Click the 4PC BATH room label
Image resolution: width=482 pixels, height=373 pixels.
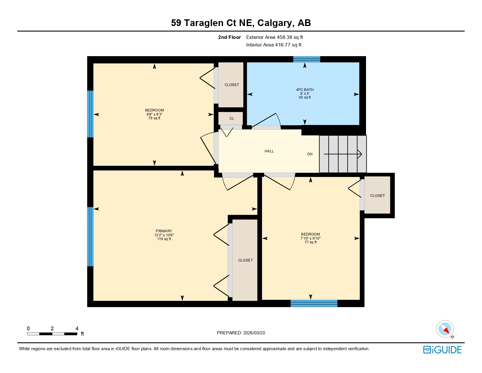tap(305, 90)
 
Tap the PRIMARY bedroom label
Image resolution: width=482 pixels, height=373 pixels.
tap(164, 231)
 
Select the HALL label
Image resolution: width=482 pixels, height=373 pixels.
tap(269, 151)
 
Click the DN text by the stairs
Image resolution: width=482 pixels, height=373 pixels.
tap(310, 154)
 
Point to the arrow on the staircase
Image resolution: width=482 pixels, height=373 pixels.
tap(343, 154)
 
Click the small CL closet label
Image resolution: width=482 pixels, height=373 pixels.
tap(231, 118)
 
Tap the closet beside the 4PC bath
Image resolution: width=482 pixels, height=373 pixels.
tap(231, 85)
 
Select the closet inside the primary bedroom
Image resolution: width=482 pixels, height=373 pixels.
tap(245, 260)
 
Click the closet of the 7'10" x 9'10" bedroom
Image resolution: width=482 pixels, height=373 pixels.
tap(377, 196)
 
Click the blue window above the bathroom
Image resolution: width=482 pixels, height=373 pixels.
tap(306, 59)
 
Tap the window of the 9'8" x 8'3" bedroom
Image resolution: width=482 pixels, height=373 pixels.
tap(90, 114)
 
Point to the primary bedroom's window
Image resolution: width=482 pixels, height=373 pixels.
tap(90, 237)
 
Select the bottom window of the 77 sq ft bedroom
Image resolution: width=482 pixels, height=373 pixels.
tap(314, 303)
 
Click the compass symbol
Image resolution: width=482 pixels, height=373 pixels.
tap(445, 329)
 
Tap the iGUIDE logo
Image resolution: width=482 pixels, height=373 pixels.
tap(442, 350)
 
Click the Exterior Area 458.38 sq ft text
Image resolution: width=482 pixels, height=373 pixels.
tap(274, 37)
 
